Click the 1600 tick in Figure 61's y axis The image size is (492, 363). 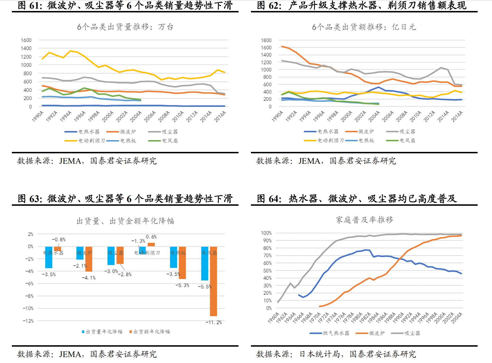point(26,40)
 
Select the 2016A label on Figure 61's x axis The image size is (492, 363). point(220,116)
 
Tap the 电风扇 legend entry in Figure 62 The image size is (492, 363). point(407,140)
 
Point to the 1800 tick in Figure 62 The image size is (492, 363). point(266,40)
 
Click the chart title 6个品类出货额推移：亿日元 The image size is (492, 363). point(364,27)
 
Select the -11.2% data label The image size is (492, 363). point(213,322)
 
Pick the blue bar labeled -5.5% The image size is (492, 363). point(205,263)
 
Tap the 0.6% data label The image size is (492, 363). point(151,237)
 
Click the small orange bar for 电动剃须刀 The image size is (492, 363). point(151,245)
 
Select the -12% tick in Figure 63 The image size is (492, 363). point(28,321)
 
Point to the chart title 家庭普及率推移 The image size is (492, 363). point(364,220)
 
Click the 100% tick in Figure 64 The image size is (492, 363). point(266,233)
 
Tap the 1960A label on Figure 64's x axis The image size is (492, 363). point(273,318)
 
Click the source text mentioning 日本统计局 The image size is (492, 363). point(336,354)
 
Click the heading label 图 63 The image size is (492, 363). point(30,199)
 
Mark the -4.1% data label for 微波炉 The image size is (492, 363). point(89,278)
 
